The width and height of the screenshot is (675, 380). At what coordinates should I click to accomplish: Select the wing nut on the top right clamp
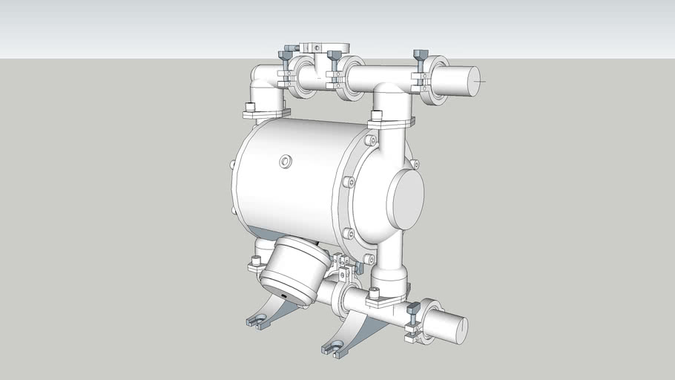[419, 56]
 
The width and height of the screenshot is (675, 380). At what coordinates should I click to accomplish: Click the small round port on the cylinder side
[286, 161]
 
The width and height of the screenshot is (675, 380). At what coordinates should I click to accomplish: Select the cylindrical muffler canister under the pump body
[294, 269]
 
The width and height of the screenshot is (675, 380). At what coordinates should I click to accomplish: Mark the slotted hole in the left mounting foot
[257, 322]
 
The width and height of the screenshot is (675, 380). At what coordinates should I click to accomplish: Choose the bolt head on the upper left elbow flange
[250, 107]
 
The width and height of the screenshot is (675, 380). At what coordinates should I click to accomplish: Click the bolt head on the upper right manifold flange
[376, 114]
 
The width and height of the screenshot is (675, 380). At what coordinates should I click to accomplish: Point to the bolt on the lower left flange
[257, 261]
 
